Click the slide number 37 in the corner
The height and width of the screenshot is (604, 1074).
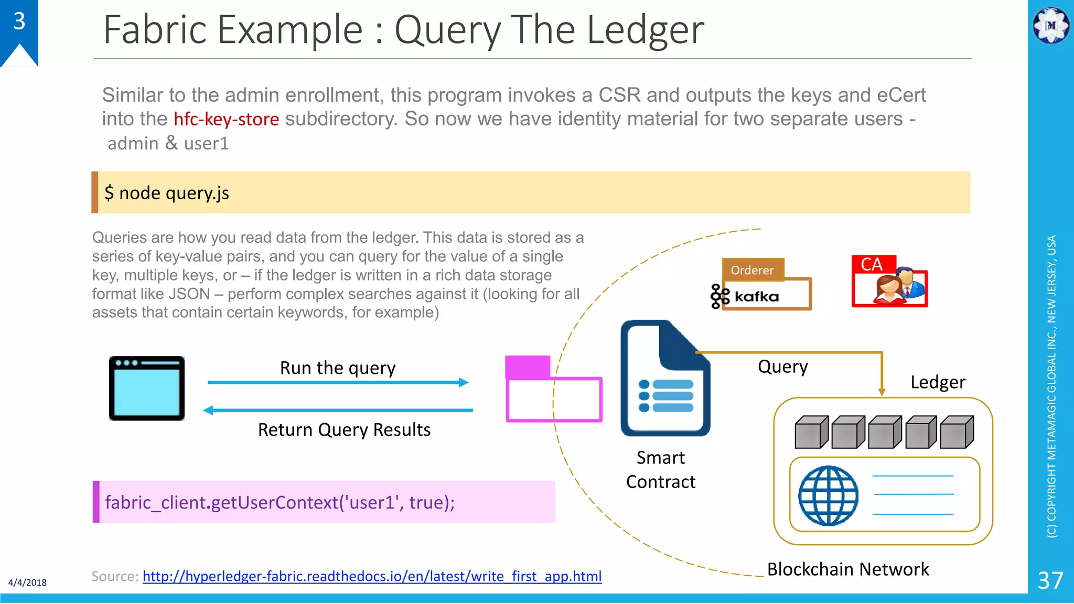(1050, 580)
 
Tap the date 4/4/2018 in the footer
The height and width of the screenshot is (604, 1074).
(27, 583)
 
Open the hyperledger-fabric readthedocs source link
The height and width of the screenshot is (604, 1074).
(372, 576)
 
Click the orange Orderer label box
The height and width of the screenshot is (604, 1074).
(753, 270)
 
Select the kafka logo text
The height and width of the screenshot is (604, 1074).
(756, 297)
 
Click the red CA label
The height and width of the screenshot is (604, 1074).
(872, 264)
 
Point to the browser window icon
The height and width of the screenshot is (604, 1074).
(147, 389)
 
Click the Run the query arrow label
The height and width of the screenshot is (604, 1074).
(338, 368)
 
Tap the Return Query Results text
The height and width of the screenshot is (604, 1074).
(344, 430)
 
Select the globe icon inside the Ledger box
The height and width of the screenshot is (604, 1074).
(828, 495)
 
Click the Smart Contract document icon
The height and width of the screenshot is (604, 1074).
(665, 379)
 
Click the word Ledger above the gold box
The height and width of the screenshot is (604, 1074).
(938, 382)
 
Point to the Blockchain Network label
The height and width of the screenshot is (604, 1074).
(847, 569)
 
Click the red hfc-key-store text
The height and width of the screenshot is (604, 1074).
(226, 119)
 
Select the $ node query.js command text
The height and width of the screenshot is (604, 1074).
(167, 193)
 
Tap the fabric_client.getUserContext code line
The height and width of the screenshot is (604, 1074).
(280, 502)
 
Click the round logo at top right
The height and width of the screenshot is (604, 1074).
(1050, 25)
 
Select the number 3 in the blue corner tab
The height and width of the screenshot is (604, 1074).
(19, 21)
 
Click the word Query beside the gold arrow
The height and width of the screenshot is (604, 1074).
(782, 366)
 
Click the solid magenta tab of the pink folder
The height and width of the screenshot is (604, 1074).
(527, 366)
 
